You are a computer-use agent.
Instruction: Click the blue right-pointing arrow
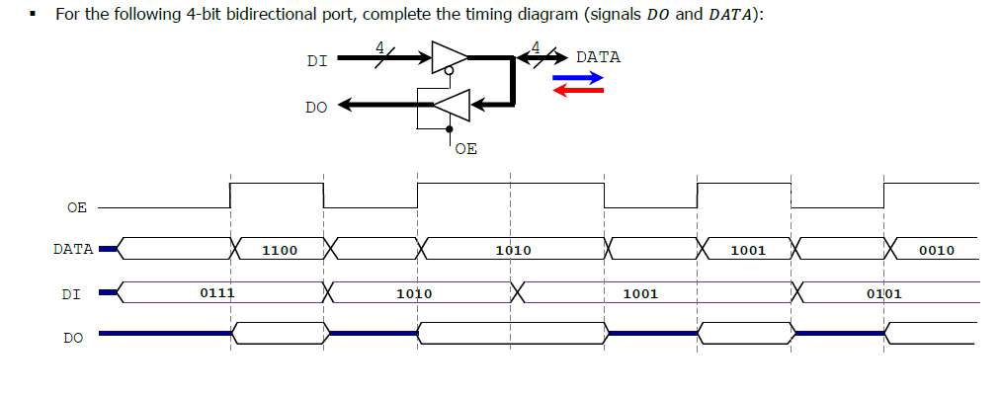pos(578,76)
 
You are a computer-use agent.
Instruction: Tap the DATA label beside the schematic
pos(598,57)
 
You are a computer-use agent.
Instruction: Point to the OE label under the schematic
pos(466,149)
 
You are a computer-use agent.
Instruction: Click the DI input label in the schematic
pos(316,61)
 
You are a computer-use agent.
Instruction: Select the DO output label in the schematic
pos(316,107)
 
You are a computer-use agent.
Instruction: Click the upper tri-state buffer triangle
pos(446,57)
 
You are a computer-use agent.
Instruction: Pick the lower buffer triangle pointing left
pos(452,104)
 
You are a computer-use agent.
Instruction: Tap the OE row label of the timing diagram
pos(76,207)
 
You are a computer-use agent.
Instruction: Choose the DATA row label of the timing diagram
pos(73,249)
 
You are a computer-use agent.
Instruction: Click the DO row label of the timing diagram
pos(73,338)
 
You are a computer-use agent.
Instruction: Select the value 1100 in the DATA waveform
pos(280,251)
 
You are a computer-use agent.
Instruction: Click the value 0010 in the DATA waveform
pos(936,251)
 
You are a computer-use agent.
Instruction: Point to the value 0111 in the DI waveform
pos(216,293)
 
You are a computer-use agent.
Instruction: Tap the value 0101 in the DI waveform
pos(883,293)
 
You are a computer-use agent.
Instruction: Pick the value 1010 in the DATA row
pos(513,251)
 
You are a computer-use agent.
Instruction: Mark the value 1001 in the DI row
pos(640,293)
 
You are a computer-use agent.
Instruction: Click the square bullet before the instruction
pos(33,16)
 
